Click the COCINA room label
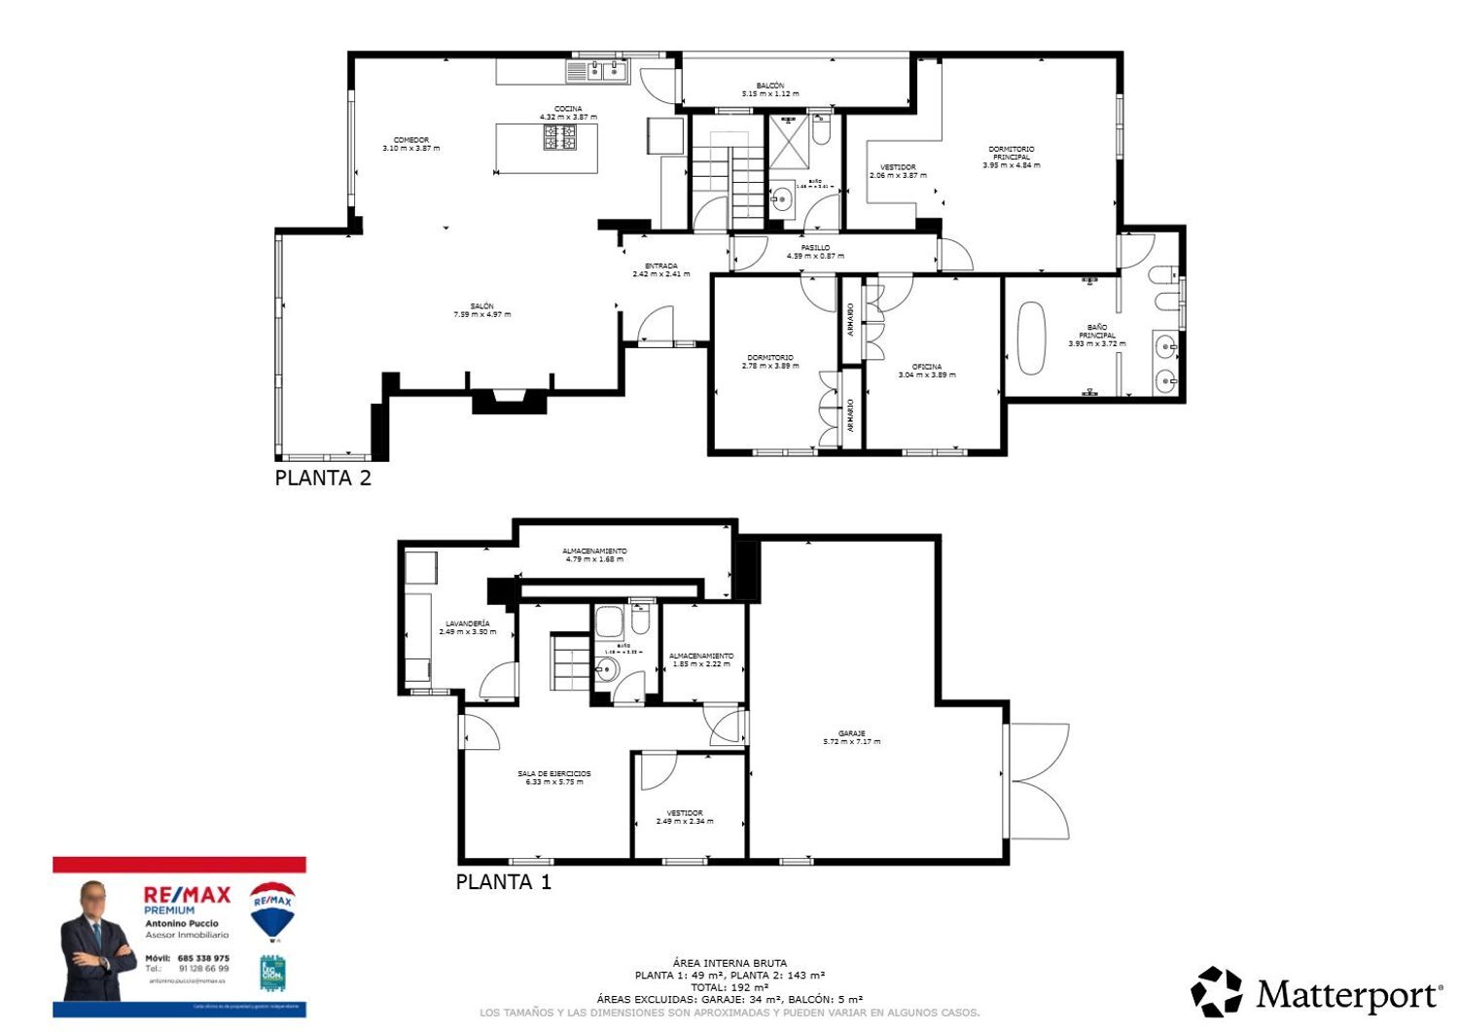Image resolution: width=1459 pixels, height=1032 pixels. tap(568, 109)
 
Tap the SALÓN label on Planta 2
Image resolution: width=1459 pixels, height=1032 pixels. tap(481, 306)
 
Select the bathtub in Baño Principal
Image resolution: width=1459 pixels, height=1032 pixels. tap(1031, 338)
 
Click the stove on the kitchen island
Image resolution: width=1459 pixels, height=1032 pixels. tap(559, 137)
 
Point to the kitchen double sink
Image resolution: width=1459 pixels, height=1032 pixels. tap(599, 71)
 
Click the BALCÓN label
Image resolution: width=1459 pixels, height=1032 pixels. tap(769, 86)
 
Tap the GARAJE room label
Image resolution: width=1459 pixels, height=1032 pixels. tap(851, 734)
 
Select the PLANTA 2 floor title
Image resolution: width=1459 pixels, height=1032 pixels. tap(323, 478)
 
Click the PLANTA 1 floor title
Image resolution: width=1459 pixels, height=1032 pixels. tap(503, 882)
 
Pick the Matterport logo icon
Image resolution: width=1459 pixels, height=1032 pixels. tap(1216, 992)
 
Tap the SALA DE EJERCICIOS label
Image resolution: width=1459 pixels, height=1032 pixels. tap(553, 774)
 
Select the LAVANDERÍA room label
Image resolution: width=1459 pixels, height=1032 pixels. tap(467, 623)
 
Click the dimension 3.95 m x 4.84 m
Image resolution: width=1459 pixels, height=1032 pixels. tap(1011, 165)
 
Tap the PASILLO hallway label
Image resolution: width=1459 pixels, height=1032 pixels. tap(815, 248)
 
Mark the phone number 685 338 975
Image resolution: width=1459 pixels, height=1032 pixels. tap(203, 958)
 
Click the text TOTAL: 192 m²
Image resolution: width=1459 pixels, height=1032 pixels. tap(729, 987)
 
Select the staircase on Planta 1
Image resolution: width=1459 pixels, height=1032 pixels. tap(571, 661)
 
